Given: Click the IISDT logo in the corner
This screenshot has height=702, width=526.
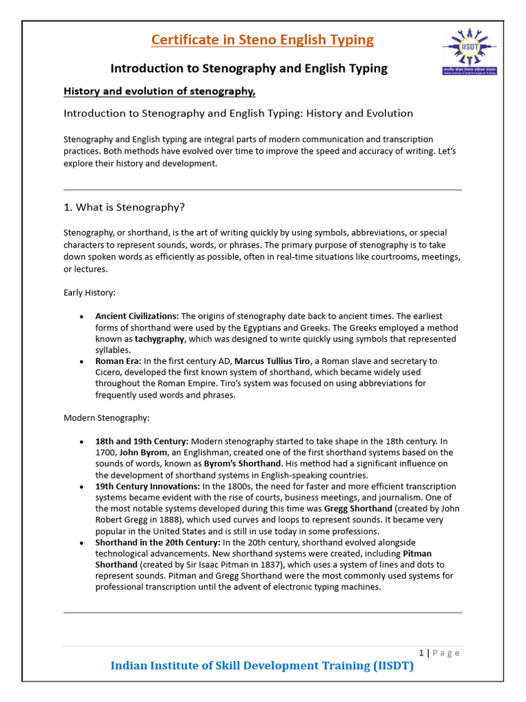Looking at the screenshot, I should (469, 51).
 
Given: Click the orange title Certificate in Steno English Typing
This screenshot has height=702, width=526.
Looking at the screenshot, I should (262, 40).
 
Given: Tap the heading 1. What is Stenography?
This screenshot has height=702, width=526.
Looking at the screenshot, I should (124, 207).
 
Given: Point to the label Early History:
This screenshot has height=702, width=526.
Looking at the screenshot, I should (90, 293).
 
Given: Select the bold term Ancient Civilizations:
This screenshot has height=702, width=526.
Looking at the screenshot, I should (137, 316).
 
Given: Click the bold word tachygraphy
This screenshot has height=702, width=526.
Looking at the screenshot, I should (160, 339).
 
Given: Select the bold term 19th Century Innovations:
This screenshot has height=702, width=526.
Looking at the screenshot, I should (147, 486).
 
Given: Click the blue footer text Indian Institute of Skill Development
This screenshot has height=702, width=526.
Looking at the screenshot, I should (262, 666).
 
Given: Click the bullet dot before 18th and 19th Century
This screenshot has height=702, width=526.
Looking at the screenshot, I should (82, 441).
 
